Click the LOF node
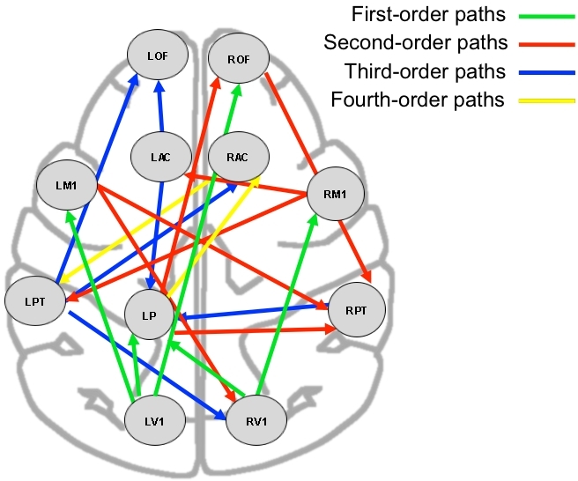(x=158, y=55)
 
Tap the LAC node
(x=160, y=158)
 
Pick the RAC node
(x=237, y=158)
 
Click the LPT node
(x=34, y=301)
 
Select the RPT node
(x=358, y=309)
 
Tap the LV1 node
(x=156, y=422)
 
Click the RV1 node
(x=257, y=421)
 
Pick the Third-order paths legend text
(x=415, y=71)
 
